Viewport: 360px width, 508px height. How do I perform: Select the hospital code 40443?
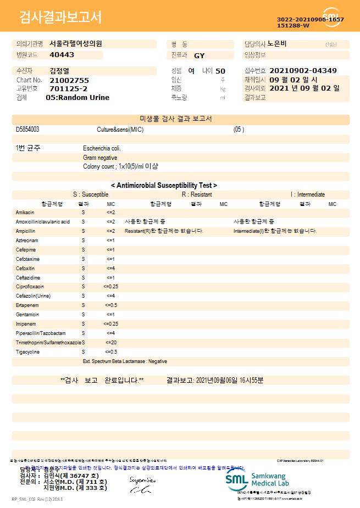[62, 55]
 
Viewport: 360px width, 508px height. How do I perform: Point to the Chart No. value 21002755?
[69, 80]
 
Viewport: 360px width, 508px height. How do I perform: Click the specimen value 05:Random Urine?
[77, 97]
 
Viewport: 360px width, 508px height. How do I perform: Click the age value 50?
[220, 71]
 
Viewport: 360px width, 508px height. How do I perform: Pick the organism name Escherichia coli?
[102, 148]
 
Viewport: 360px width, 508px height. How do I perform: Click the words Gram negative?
[100, 158]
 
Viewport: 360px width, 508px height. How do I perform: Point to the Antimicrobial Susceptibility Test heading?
[164, 186]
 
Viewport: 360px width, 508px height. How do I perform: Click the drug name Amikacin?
[25, 212]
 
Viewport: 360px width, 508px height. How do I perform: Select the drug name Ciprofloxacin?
[30, 287]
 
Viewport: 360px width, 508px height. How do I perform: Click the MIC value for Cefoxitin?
[110, 268]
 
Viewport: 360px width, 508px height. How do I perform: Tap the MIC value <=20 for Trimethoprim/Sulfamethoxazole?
[110, 342]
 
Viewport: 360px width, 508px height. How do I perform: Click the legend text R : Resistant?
[197, 194]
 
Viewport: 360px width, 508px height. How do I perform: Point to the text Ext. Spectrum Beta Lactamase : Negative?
[125, 361]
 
